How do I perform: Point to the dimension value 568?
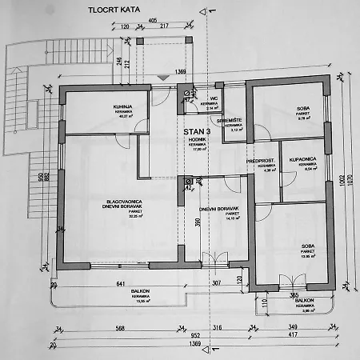(x=97, y=328)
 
